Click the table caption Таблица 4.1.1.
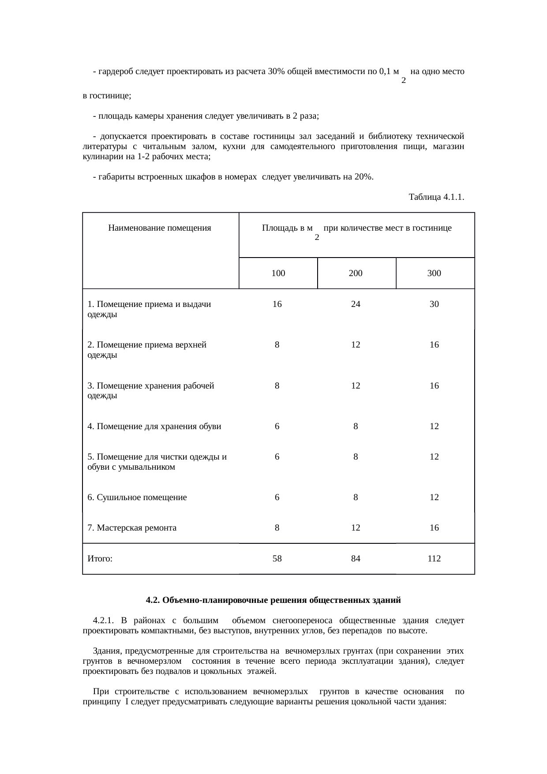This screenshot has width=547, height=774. [x=436, y=197]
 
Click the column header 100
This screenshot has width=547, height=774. [x=278, y=273]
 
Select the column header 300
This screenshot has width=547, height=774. [x=434, y=273]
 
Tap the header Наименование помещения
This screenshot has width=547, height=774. [x=160, y=228]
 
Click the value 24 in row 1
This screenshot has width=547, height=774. [x=356, y=304]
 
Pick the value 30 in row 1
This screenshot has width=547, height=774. [x=434, y=304]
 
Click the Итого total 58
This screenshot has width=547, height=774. [x=277, y=559]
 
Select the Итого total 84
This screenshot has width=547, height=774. [x=356, y=559]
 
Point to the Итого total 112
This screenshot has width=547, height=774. [x=434, y=559]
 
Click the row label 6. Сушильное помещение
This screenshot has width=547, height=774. [x=137, y=497]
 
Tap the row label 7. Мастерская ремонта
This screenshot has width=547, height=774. [x=132, y=528]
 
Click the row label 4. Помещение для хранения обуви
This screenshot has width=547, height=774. [x=154, y=426]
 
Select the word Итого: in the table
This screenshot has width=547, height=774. [x=100, y=559]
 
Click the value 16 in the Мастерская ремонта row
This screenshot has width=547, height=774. [x=434, y=528]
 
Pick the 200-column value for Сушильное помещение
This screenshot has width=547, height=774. [x=356, y=497]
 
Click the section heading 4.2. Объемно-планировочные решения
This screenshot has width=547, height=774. [x=273, y=600]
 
